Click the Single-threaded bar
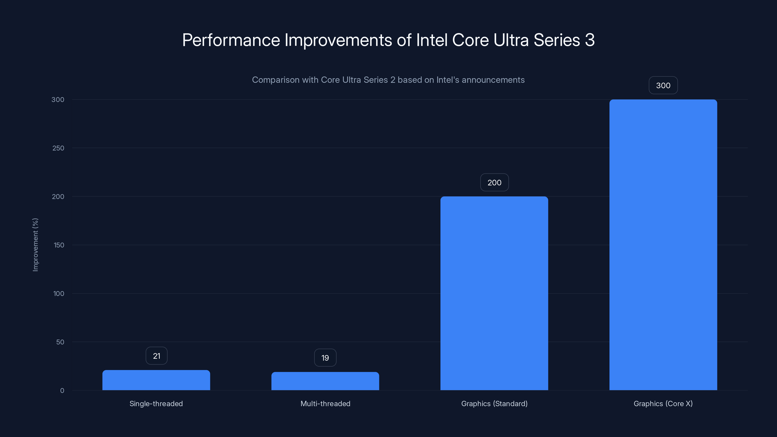[156, 380]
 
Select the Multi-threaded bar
[325, 381]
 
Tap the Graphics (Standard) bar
[494, 293]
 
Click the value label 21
[157, 356]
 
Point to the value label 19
[325, 358]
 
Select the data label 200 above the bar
[494, 183]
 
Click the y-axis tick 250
[58, 148]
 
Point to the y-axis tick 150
[59, 245]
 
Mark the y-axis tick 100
[59, 294]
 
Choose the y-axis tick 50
[60, 342]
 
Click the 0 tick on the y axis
[62, 391]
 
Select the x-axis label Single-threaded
[156, 403]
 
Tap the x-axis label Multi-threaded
[325, 403]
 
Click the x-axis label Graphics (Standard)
[494, 403]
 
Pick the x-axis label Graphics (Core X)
[663, 403]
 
